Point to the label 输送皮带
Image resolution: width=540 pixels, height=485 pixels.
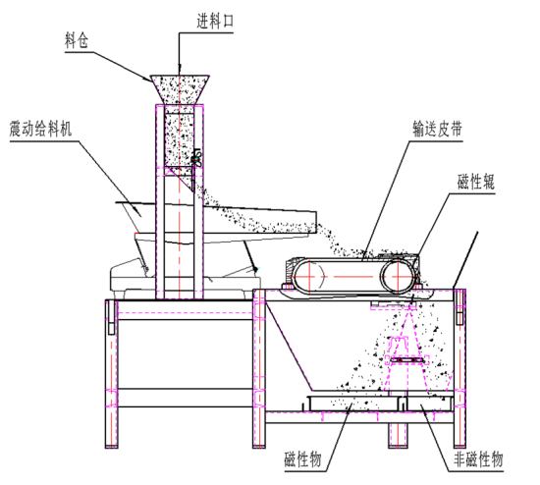pyautogui.click(x=438, y=129)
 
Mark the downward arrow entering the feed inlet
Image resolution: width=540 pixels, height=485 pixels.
pyautogui.click(x=179, y=59)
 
